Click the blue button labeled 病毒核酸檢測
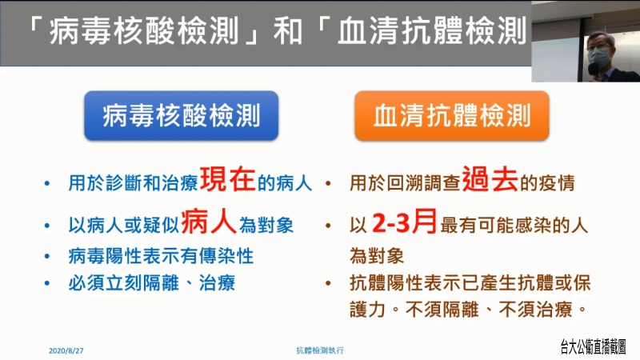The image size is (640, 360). pyautogui.click(x=182, y=116)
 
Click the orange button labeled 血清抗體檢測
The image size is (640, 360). pyautogui.click(x=452, y=116)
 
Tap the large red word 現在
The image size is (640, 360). pyautogui.click(x=227, y=179)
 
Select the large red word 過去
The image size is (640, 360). pyautogui.click(x=490, y=179)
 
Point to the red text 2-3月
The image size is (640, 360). pyautogui.click(x=405, y=222)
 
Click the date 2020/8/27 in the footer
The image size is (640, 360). pyautogui.click(x=66, y=350)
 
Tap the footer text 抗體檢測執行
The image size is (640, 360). pyautogui.click(x=320, y=350)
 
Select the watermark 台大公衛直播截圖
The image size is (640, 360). pyautogui.click(x=593, y=346)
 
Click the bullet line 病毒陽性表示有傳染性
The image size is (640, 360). pyautogui.click(x=161, y=256)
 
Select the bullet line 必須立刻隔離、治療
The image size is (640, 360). pyautogui.click(x=151, y=283)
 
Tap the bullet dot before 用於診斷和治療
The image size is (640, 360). pyautogui.click(x=47, y=183)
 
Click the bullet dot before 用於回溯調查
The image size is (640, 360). pyautogui.click(x=328, y=183)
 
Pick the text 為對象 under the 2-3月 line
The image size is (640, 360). pyautogui.click(x=377, y=256)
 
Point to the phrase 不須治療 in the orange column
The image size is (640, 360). pyautogui.click(x=535, y=310)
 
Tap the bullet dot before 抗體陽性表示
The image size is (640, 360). pyautogui.click(x=328, y=283)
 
